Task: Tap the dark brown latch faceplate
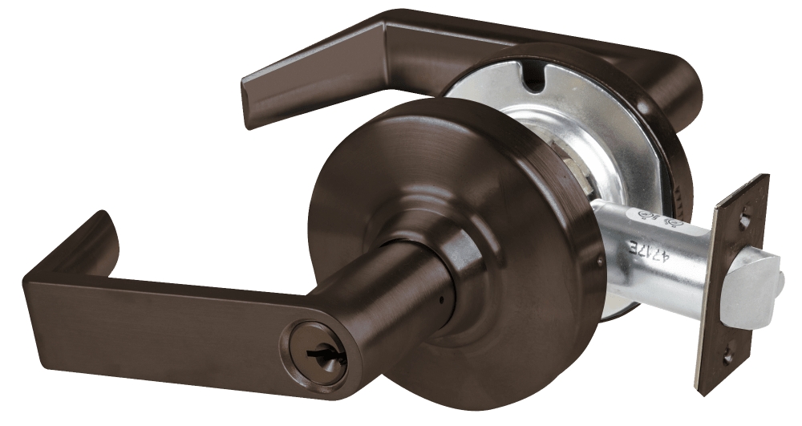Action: click(x=734, y=289)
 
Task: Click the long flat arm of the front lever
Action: click(x=160, y=313)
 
